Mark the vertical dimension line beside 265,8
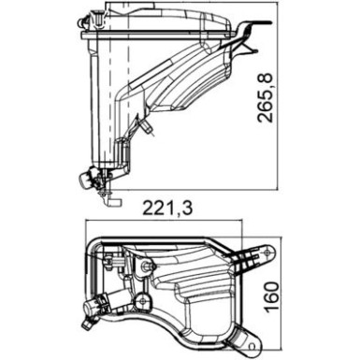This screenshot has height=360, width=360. pos(280,94)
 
